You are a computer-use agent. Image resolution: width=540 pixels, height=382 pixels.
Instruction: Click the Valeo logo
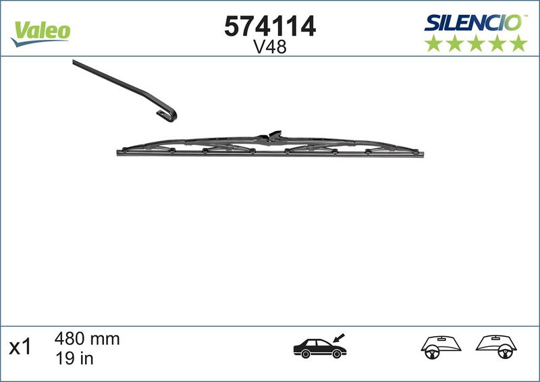pyautogui.click(x=40, y=30)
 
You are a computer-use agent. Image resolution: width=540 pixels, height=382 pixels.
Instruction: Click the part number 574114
pyautogui.click(x=270, y=26)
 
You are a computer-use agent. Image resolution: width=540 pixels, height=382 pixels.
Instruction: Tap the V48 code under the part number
pyautogui.click(x=270, y=47)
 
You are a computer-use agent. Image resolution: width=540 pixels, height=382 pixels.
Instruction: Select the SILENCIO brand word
pyautogui.click(x=472, y=22)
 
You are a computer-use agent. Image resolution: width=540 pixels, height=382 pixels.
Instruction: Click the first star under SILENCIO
pyautogui.click(x=433, y=43)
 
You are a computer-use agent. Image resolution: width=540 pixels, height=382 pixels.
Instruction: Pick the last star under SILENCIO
pyautogui.click(x=518, y=43)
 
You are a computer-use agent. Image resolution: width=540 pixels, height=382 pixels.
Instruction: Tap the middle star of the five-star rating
pyautogui.click(x=475, y=43)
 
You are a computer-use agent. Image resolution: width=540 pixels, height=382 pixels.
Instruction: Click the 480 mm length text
pyautogui.click(x=86, y=339)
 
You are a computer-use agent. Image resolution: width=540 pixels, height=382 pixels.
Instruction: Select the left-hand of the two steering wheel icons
pyautogui.click(x=438, y=345)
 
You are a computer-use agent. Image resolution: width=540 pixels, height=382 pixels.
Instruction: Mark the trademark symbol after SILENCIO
pyautogui.click(x=524, y=16)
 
